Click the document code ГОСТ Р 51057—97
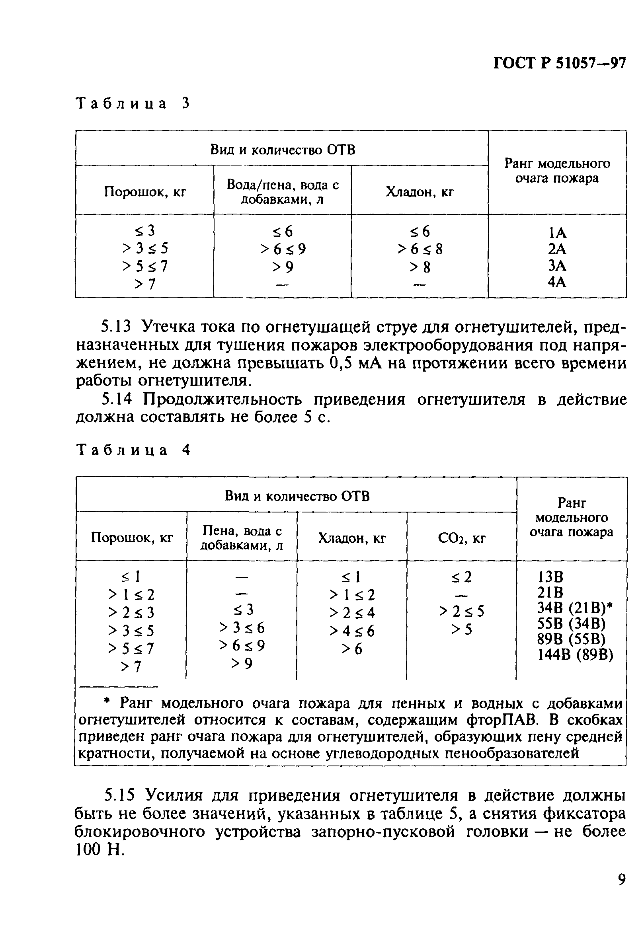(559, 64)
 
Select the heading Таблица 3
(133, 104)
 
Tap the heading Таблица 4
(133, 450)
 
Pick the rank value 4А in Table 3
(557, 282)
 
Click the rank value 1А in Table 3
(557, 233)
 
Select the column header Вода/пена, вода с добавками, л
(283, 192)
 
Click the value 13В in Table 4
(550, 577)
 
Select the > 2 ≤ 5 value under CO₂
(462, 612)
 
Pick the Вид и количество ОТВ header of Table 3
(283, 150)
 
